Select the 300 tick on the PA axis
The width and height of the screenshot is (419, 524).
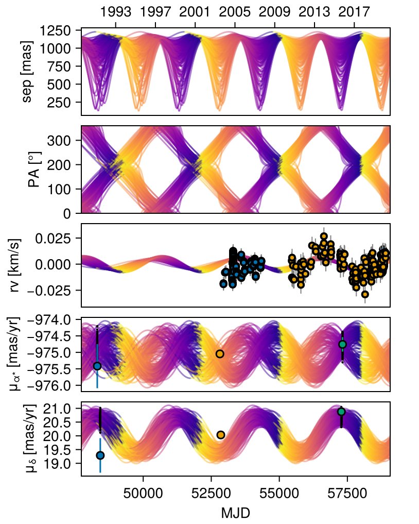[x=66, y=141]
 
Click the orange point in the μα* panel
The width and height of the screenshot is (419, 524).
[x=220, y=353]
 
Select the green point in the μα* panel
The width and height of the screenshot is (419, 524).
[x=342, y=344]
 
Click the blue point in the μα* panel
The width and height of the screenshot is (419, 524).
[x=97, y=366]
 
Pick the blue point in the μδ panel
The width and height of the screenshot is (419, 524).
[x=100, y=455]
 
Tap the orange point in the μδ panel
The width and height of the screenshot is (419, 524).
[x=221, y=435]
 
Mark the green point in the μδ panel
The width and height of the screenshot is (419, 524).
[x=341, y=411]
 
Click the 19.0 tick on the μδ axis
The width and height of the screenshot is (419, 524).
[x=64, y=464]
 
